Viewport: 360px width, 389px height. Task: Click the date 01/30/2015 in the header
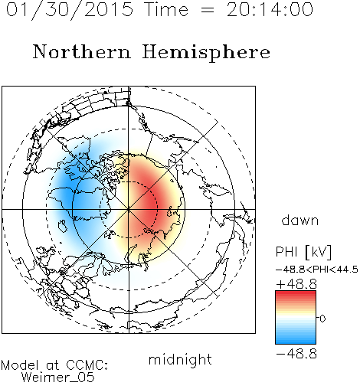coord(70,10)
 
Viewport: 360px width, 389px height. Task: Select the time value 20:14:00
coord(270,9)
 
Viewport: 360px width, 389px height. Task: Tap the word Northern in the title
coord(82,51)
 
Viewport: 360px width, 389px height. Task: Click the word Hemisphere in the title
coord(206,53)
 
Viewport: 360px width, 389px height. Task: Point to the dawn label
coord(300,220)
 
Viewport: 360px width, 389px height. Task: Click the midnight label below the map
coord(180,360)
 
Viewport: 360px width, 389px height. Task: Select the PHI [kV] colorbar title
coord(303,252)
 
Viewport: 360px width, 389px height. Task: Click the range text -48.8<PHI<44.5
coord(317,270)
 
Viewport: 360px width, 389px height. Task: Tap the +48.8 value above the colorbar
coord(296,284)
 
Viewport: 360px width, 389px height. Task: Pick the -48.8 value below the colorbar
coord(296,354)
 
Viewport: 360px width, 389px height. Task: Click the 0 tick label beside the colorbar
coord(322,319)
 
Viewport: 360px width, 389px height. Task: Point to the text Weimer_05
coord(58,377)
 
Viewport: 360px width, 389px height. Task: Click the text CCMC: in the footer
coord(87,365)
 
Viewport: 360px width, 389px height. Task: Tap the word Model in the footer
coord(21,365)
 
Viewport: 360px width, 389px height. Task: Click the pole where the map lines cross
coord(129,209)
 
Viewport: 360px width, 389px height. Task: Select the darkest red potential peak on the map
coord(152,205)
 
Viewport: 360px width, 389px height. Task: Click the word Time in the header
coord(166,9)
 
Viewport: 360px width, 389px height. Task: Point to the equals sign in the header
coord(208,11)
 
